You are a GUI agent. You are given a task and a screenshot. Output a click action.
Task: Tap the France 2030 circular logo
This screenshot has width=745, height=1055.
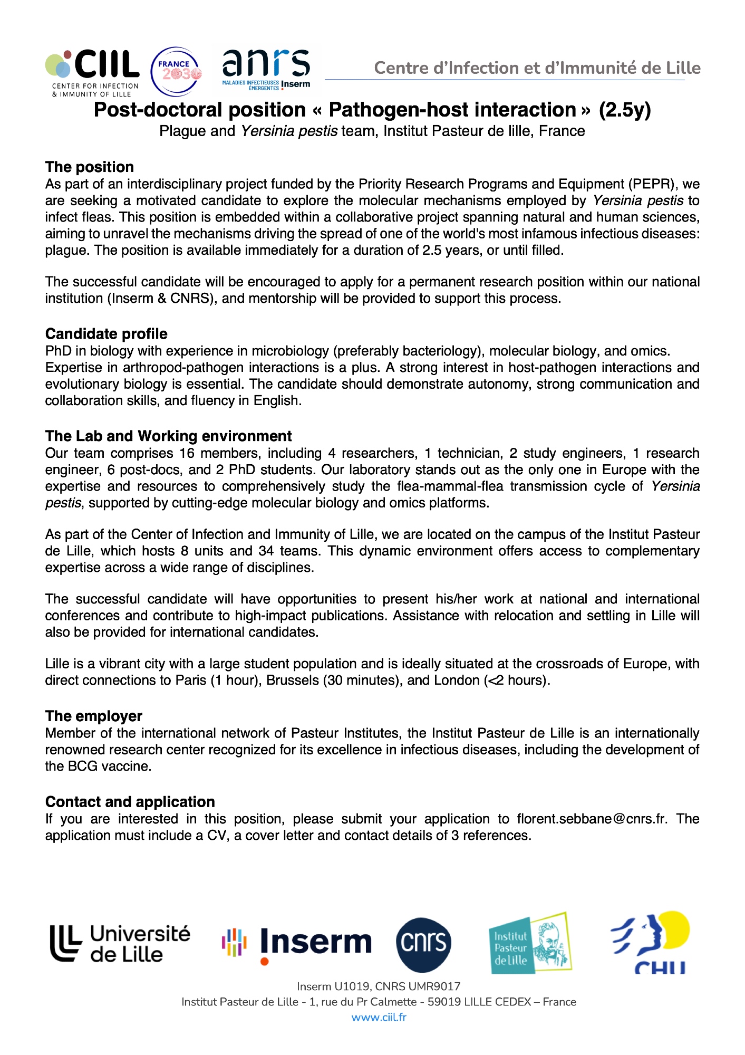(176, 72)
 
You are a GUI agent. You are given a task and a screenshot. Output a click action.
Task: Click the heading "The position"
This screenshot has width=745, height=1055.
(90, 167)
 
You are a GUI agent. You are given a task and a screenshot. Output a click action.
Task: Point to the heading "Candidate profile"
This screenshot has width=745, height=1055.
(107, 334)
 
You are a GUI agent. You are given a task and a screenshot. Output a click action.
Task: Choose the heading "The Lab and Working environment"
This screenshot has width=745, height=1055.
(168, 436)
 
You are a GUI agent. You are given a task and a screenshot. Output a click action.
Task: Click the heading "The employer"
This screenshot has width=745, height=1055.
(94, 716)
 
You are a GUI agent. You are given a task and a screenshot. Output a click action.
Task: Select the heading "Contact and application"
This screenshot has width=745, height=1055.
(130, 802)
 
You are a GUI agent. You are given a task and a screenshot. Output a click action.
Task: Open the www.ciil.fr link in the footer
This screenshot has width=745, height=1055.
(379, 1018)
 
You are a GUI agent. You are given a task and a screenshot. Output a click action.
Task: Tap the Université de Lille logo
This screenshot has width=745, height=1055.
(120, 944)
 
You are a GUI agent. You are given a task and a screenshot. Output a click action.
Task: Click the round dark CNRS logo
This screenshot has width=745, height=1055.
(423, 945)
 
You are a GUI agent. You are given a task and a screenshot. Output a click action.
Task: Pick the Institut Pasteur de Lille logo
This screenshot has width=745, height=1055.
(530, 944)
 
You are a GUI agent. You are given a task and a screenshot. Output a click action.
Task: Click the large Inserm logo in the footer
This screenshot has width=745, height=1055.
(297, 944)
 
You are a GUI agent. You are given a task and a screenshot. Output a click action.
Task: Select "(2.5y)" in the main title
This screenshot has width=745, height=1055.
(625, 110)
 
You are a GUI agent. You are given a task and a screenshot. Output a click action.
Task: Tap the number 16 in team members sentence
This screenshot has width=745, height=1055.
(187, 454)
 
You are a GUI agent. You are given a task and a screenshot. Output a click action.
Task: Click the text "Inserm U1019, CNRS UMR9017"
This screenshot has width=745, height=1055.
(379, 986)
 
